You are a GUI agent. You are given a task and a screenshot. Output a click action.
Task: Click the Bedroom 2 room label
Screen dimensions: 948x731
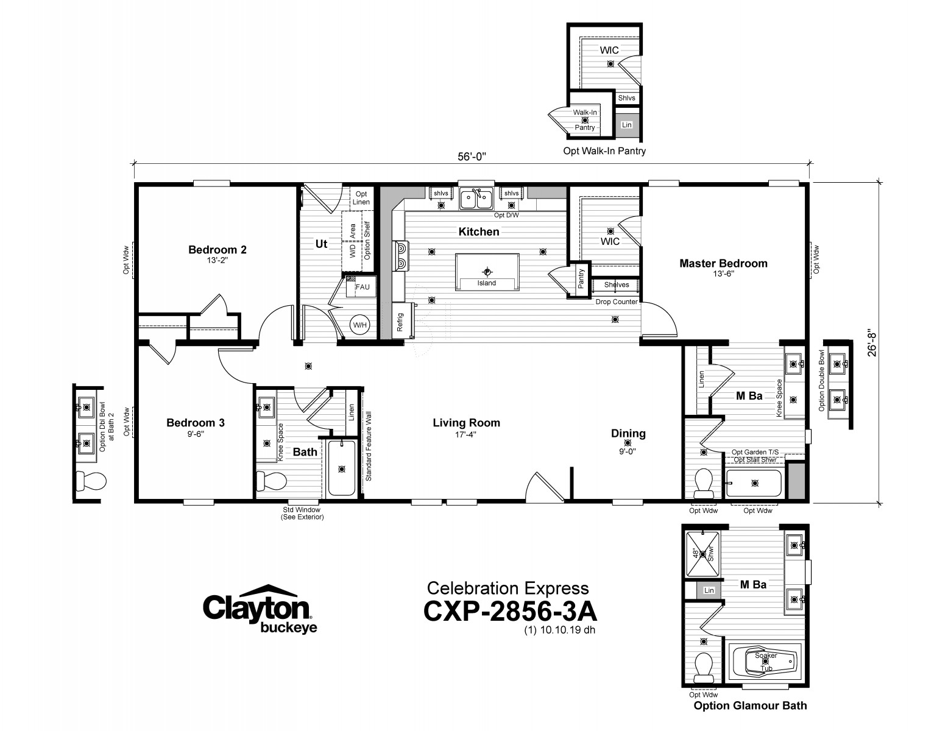point(218,250)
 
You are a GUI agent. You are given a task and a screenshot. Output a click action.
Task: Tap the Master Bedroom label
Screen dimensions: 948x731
point(723,263)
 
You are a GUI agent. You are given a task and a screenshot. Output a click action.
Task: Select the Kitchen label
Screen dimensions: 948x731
point(479,231)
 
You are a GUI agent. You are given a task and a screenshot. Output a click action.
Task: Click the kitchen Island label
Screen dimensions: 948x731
point(486,283)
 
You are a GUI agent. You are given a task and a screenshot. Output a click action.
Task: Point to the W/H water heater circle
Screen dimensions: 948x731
point(360,325)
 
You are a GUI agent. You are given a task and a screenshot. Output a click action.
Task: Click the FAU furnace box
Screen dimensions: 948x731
point(361,286)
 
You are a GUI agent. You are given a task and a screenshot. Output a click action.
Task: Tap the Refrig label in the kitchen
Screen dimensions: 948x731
point(400,322)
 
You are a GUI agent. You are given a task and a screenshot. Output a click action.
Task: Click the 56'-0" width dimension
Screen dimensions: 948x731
point(472,157)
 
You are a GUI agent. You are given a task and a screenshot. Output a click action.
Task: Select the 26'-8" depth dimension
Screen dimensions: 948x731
point(872,342)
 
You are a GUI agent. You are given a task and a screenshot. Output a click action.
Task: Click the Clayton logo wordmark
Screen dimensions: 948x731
point(256,607)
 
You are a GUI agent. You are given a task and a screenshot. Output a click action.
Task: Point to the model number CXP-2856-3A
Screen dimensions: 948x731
point(510,611)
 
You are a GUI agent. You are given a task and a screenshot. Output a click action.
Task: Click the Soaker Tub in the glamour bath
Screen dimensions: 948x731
point(765,661)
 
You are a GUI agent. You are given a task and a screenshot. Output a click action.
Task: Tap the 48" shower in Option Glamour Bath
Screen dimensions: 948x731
point(702,554)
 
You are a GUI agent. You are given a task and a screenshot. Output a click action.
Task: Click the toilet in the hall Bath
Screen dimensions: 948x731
point(271,481)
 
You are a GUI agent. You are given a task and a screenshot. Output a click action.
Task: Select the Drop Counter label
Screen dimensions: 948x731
point(617,302)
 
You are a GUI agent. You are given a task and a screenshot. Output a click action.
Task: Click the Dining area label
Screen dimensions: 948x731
point(628,433)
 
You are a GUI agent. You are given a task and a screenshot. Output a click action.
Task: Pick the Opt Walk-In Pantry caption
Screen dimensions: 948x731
point(604,151)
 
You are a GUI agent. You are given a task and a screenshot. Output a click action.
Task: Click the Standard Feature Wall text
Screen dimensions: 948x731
point(369,446)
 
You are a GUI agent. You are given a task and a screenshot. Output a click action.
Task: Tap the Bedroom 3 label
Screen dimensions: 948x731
point(196,423)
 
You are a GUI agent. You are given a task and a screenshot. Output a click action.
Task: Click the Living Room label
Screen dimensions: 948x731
point(466,423)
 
